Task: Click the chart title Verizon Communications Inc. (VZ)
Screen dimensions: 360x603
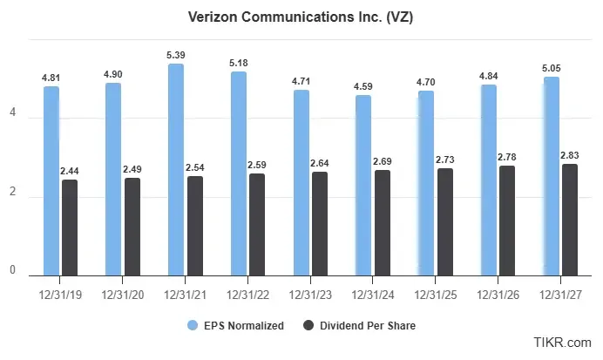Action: [x=301, y=17]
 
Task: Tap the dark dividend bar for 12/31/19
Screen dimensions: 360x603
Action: [x=70, y=228]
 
